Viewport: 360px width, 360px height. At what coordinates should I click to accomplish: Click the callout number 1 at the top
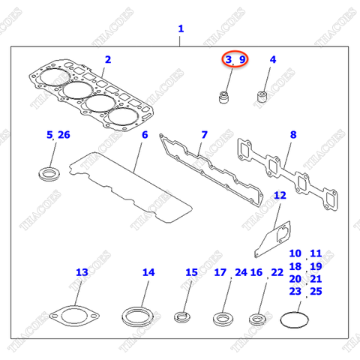click(x=180, y=29)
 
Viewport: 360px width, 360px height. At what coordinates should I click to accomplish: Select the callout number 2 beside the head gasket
click(x=108, y=59)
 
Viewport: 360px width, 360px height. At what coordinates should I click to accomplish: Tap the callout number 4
click(x=273, y=59)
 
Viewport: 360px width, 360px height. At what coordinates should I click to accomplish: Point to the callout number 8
click(x=293, y=135)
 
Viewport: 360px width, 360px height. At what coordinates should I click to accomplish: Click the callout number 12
click(x=279, y=196)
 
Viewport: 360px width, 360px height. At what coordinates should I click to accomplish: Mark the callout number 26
click(x=64, y=135)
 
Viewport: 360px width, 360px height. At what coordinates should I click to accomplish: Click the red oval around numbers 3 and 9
click(x=234, y=59)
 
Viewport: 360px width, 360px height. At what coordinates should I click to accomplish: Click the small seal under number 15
click(x=184, y=316)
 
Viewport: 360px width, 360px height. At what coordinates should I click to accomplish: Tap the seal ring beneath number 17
click(x=223, y=317)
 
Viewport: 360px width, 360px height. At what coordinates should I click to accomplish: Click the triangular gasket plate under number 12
click(x=271, y=234)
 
